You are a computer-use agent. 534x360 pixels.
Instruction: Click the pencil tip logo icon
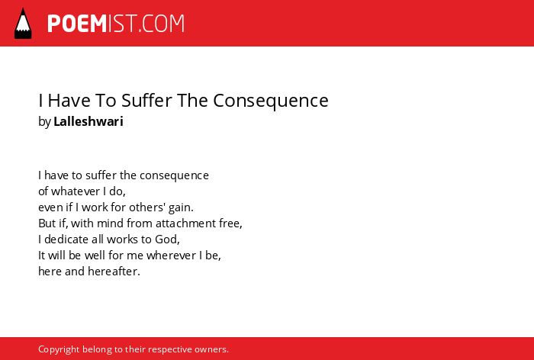pyautogui.click(x=23, y=23)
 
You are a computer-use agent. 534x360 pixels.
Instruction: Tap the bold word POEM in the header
pyautogui.click(x=77, y=24)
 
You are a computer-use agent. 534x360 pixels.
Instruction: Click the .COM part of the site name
pyautogui.click(x=162, y=24)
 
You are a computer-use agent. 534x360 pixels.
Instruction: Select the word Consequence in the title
pyautogui.click(x=271, y=101)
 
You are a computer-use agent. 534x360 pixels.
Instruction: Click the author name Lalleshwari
pyautogui.click(x=88, y=121)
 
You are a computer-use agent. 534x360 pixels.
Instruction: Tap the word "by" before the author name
pyautogui.click(x=44, y=122)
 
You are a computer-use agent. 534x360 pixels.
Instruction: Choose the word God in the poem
pyautogui.click(x=167, y=239)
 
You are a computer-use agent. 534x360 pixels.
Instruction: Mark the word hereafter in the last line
pyautogui.click(x=114, y=271)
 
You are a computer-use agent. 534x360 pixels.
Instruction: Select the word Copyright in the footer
pyautogui.click(x=59, y=349)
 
